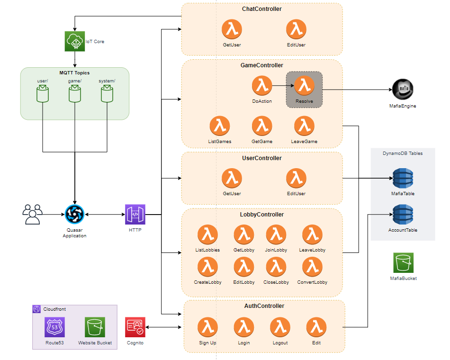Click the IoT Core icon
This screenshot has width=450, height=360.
point(74,41)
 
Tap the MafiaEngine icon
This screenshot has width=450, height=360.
point(403,89)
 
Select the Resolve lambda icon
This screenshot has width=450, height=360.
point(304,86)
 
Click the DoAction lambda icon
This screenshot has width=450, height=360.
point(261,86)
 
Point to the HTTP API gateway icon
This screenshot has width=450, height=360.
point(135,215)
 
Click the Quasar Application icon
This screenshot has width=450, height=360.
point(74,215)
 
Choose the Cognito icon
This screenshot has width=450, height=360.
point(135,327)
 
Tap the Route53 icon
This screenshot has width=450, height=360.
point(54,327)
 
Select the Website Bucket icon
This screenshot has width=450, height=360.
point(95,327)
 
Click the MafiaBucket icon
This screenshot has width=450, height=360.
point(403,262)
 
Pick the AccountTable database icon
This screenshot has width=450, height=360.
point(403,215)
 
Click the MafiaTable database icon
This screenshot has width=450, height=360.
point(403,178)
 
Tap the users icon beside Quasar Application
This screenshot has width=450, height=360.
point(33,214)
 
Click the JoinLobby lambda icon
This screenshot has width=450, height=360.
point(276,235)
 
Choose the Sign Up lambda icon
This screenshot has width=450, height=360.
point(207,327)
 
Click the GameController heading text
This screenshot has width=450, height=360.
point(261,65)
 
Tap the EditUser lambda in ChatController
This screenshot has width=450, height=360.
point(296,30)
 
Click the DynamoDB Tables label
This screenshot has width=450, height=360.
point(403,153)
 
